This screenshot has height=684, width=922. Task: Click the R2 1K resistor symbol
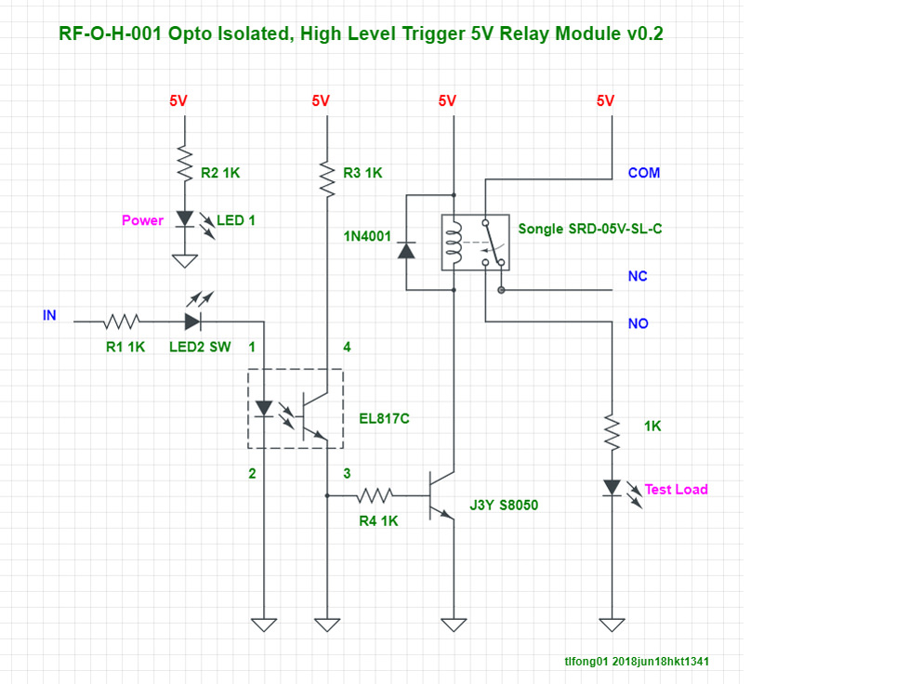(x=184, y=164)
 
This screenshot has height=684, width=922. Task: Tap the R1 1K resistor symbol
(x=122, y=322)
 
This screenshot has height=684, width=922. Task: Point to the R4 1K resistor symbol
(x=375, y=495)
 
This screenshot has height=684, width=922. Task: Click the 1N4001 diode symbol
(x=406, y=251)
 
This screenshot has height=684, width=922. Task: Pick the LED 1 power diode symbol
(x=184, y=219)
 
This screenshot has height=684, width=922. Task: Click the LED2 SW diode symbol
(x=193, y=322)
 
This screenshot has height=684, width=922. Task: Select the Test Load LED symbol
(x=612, y=487)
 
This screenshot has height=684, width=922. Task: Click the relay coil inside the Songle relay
(x=454, y=243)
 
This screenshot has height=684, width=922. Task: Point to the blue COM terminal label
(x=644, y=173)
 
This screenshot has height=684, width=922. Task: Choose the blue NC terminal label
(x=638, y=277)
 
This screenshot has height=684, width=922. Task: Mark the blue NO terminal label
(x=639, y=324)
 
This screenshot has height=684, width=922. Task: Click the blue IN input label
(x=49, y=316)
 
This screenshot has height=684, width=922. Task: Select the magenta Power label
(x=142, y=221)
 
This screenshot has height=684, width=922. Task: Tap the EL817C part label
(x=384, y=419)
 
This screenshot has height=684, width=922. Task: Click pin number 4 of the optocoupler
(x=347, y=348)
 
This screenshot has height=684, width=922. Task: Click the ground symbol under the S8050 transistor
(x=453, y=625)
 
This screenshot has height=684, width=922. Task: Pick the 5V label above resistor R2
(x=178, y=101)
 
